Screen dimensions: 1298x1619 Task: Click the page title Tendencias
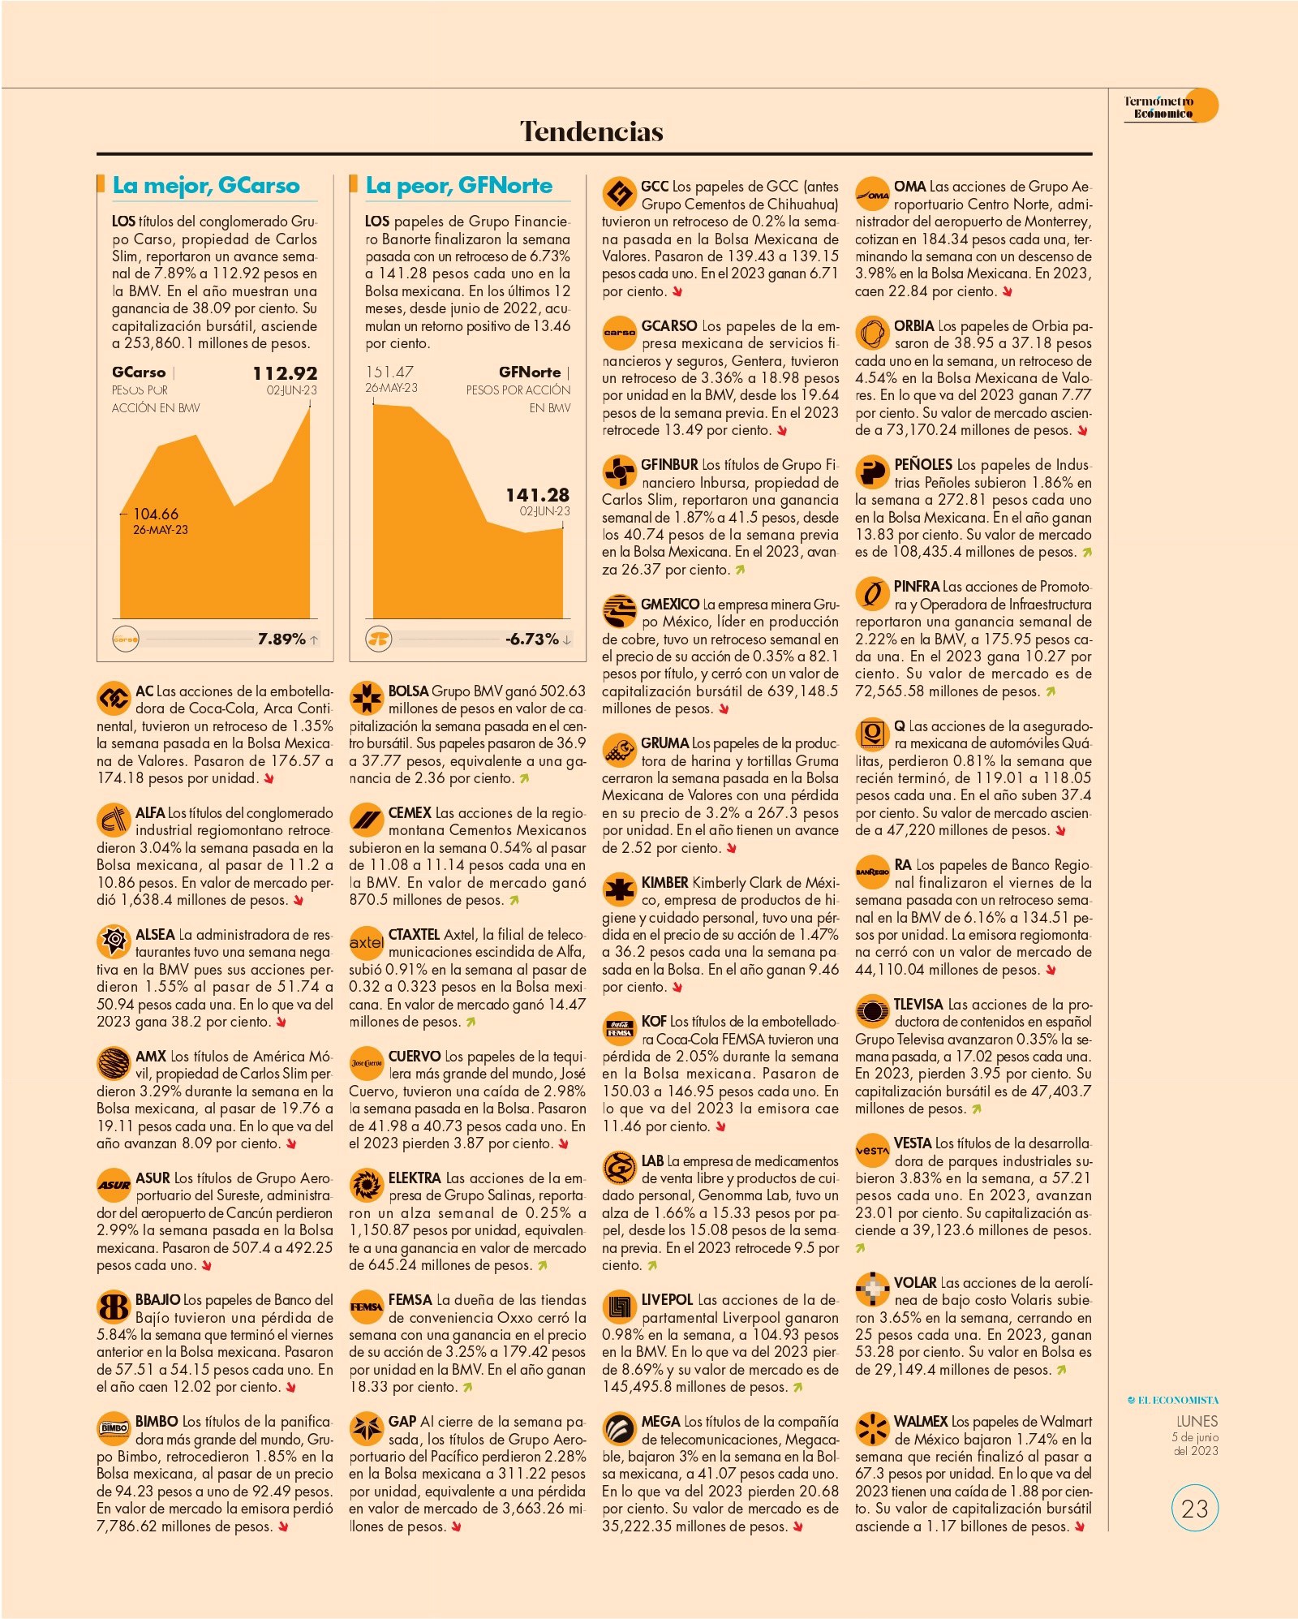[591, 131]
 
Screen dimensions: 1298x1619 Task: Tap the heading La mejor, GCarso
[206, 186]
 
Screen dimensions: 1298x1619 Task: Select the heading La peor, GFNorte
[458, 186]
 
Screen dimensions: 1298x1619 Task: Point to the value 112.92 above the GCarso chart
[285, 373]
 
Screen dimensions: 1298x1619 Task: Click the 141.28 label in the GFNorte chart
[537, 495]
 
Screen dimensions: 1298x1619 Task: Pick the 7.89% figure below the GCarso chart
[282, 639]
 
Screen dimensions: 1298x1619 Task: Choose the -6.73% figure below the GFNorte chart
[532, 639]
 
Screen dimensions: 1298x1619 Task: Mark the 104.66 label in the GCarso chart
[155, 514]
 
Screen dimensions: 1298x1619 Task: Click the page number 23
[1195, 1509]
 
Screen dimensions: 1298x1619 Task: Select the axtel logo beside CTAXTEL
[366, 942]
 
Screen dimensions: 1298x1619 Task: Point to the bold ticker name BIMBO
[157, 1421]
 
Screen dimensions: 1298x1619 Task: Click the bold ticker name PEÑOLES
[923, 465]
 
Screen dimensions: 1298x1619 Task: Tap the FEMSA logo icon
[366, 1307]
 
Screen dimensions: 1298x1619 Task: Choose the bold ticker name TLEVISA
[918, 1004]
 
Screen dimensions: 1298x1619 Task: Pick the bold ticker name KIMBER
[664, 882]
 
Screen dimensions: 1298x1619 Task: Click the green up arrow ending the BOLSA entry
[524, 779]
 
